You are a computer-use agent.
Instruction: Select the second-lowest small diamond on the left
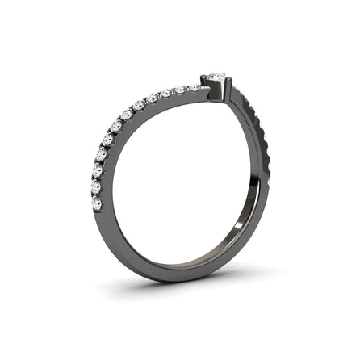point(96,187)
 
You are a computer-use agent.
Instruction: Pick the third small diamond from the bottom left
point(98,170)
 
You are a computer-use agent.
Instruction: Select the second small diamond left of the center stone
point(182,90)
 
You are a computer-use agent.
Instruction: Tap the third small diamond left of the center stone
point(168,94)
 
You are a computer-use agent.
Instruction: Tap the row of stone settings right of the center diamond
point(254,129)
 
